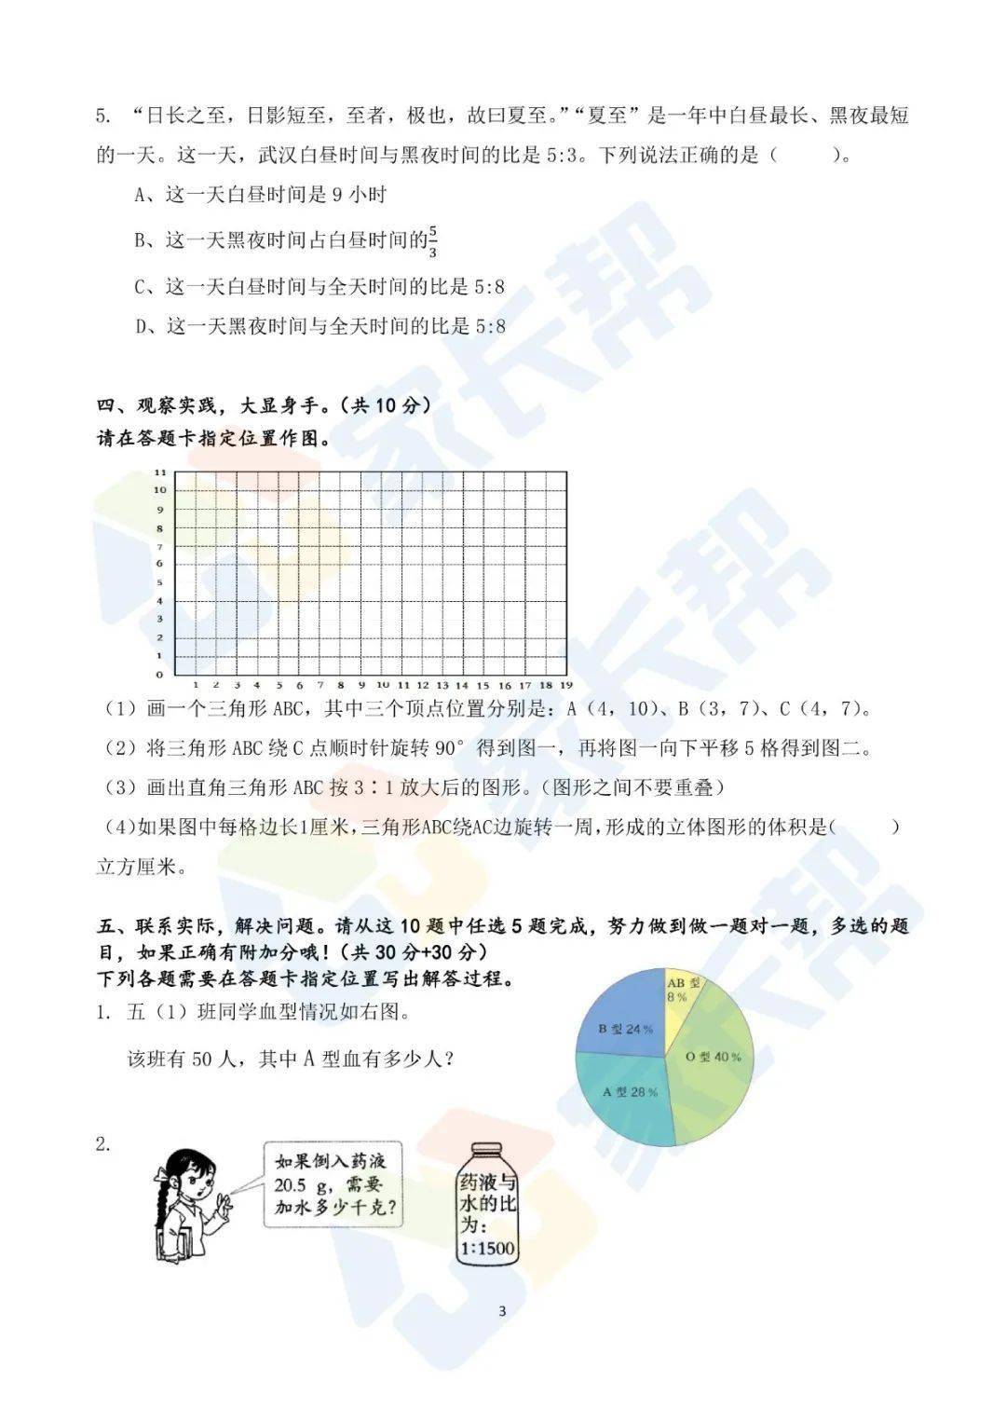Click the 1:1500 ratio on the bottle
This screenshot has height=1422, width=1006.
[x=487, y=1248]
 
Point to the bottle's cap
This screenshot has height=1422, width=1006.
[x=486, y=1151]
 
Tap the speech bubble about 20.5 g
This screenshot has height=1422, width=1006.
[x=333, y=1184]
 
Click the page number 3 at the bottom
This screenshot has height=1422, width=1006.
[x=502, y=1311]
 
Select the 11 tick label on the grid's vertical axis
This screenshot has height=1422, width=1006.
[x=159, y=472]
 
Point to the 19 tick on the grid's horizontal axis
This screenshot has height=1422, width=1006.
[x=565, y=685]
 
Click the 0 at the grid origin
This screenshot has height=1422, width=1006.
[x=159, y=674]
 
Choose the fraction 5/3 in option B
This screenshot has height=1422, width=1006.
[x=433, y=241]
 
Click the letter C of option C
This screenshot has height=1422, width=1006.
[x=141, y=287]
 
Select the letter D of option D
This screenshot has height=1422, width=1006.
[x=141, y=326]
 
